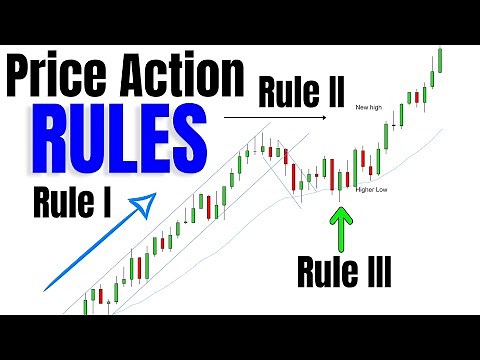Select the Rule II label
coord(302,93)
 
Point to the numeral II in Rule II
coord(334,93)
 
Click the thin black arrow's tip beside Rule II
coord(327,118)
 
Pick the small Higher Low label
coord(372,188)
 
